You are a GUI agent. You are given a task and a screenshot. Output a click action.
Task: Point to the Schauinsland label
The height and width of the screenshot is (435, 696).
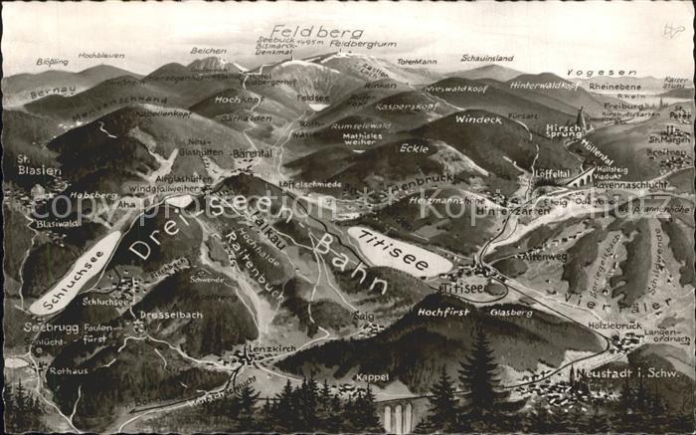(x=486, y=60)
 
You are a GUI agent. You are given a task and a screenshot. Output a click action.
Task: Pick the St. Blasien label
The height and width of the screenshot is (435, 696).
(x=37, y=164)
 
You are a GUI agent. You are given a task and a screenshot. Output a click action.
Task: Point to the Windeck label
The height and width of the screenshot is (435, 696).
(x=478, y=119)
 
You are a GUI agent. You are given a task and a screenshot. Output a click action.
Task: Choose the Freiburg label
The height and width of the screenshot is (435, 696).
(x=623, y=106)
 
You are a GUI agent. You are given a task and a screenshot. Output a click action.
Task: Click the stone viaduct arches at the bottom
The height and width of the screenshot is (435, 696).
(x=397, y=416)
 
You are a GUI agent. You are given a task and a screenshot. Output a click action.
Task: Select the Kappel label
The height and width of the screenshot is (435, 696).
(x=371, y=377)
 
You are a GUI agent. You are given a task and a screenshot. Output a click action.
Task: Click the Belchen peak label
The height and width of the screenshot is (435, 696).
(x=208, y=51)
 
